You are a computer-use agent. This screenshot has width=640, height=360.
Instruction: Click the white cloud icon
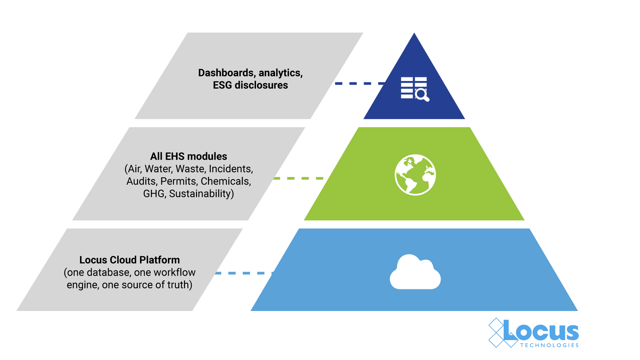click(415, 272)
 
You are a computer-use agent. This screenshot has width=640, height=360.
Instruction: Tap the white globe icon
click(415, 175)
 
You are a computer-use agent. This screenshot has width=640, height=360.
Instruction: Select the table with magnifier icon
click(414, 89)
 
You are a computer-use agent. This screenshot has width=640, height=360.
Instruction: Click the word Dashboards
click(226, 73)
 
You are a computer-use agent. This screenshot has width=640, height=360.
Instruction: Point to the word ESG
click(222, 85)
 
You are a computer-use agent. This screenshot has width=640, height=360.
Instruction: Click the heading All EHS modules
click(188, 156)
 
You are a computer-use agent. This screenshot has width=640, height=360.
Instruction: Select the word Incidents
click(231, 169)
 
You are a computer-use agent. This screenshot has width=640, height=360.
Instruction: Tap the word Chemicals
click(226, 181)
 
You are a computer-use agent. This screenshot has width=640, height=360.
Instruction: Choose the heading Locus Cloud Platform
click(129, 260)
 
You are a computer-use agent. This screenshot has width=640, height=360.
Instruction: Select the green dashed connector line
click(298, 178)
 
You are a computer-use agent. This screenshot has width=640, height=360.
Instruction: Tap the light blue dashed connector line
click(243, 273)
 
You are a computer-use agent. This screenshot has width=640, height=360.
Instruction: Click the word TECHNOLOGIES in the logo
click(549, 345)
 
